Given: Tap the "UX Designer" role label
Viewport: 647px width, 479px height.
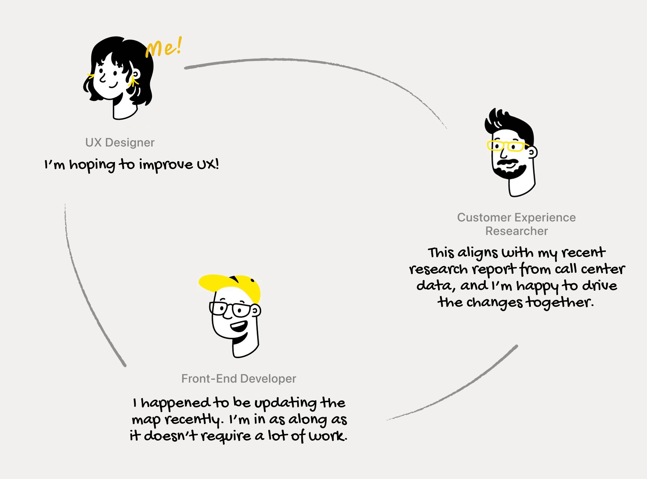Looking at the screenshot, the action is (x=120, y=142).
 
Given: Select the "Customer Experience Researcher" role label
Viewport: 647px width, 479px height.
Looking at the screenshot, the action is (x=516, y=224).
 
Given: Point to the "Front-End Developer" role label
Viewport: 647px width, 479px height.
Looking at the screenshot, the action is (x=239, y=378).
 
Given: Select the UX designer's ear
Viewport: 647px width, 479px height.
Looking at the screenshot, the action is (x=136, y=74).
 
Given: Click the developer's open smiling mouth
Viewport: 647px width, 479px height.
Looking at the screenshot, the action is (x=239, y=326).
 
